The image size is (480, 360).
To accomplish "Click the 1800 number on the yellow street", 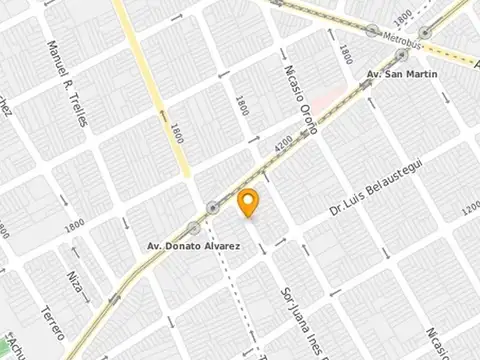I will [x=177, y=133].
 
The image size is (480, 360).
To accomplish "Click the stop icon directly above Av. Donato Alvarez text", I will [x=166, y=228].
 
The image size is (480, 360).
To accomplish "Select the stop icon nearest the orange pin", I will [x=212, y=208].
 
